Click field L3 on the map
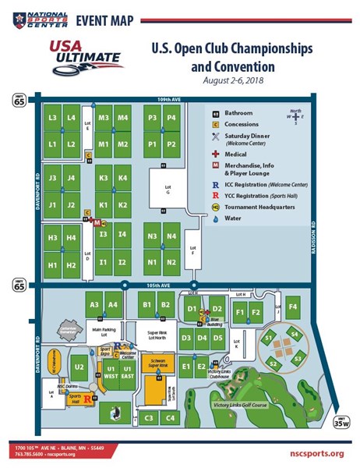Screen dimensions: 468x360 52,118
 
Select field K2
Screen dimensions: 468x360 122,205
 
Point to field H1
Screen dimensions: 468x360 52,265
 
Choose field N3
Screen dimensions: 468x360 153,236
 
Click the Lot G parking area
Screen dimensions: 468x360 166,190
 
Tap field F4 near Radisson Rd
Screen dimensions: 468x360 293,307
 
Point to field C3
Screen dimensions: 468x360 147,418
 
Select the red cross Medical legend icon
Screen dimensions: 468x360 214,154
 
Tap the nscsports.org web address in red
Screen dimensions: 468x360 313,453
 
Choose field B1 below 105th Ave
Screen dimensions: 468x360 145,305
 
